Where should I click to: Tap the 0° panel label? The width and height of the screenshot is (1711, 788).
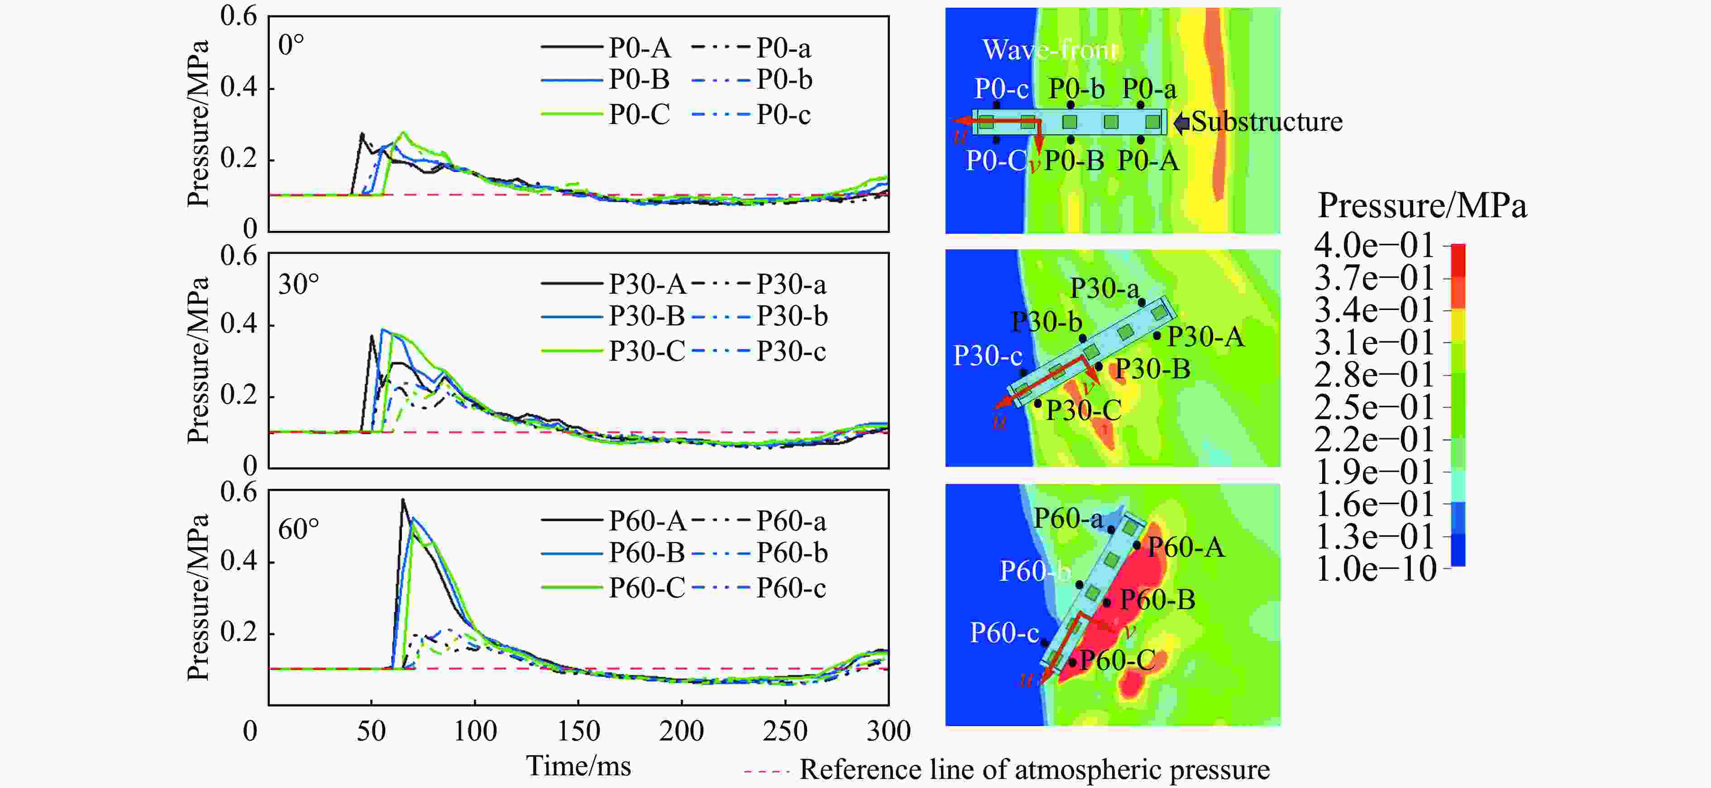(x=291, y=45)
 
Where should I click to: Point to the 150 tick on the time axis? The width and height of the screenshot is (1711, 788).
(x=578, y=731)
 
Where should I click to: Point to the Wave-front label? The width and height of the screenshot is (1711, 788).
(x=1049, y=50)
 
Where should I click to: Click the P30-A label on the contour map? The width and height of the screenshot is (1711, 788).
(x=1205, y=337)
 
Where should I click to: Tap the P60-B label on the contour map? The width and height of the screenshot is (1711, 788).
(x=1157, y=600)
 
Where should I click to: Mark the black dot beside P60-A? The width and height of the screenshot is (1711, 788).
(x=1137, y=545)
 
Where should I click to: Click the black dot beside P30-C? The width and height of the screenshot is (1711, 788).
(x=1037, y=403)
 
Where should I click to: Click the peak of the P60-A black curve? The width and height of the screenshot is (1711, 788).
(x=402, y=500)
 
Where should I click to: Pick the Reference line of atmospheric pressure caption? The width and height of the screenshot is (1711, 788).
(x=1034, y=769)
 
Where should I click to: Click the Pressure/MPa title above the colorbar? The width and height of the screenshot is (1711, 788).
(x=1421, y=206)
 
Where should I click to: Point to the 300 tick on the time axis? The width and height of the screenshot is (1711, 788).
(x=888, y=731)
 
